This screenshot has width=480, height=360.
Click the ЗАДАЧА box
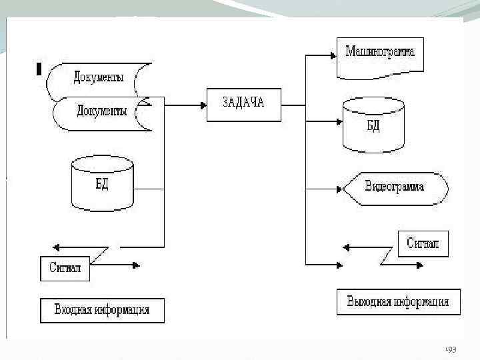[x=244, y=103]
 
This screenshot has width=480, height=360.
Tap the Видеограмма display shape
[x=394, y=187]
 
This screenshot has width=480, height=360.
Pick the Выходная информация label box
[x=398, y=302]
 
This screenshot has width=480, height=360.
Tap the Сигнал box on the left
[x=65, y=268]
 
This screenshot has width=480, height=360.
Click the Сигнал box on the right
[x=423, y=243]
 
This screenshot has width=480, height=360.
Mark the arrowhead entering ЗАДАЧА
[x=202, y=104]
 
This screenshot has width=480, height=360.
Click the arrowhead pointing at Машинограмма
[x=333, y=56]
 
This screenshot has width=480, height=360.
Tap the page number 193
[x=451, y=349]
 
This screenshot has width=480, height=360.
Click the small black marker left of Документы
[x=39, y=69]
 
